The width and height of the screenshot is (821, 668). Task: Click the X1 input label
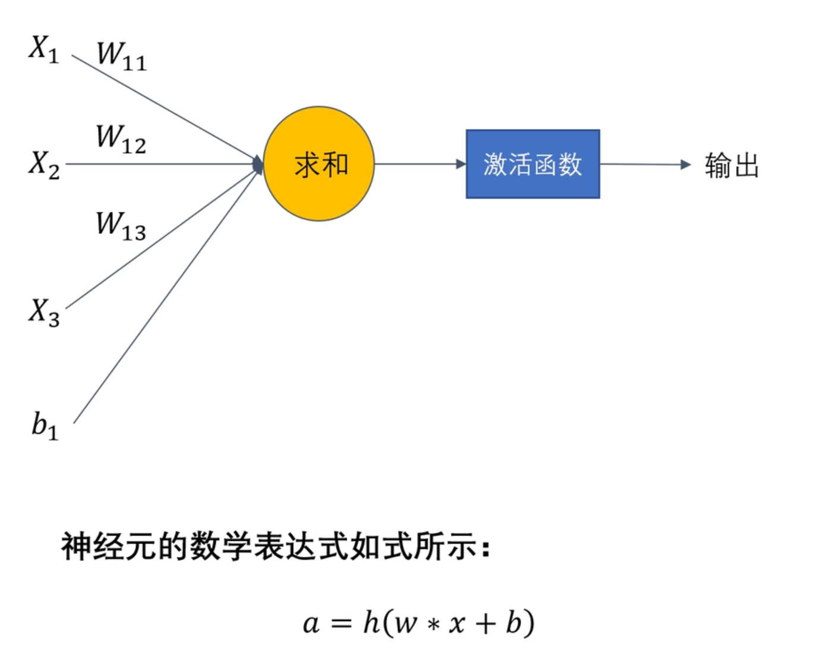click(44, 48)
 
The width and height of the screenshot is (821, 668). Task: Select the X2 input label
click(44, 163)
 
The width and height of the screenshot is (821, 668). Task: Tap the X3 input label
click(44, 311)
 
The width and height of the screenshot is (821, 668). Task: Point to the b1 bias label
click(45, 426)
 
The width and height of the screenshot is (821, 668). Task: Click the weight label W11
click(121, 55)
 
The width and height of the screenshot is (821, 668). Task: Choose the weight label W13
click(121, 226)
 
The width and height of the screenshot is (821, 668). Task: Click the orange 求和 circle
click(319, 164)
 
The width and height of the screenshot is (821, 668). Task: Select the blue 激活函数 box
click(533, 164)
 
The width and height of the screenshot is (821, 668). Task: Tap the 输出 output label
click(732, 165)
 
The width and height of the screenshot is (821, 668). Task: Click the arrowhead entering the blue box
click(460, 164)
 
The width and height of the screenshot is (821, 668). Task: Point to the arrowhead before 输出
click(686, 165)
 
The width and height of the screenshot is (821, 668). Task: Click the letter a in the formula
click(311, 624)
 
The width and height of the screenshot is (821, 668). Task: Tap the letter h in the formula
click(371, 622)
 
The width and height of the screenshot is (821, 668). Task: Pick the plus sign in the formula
click(485, 623)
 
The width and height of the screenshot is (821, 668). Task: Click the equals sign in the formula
click(341, 624)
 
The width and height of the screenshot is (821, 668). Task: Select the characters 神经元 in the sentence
click(109, 546)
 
